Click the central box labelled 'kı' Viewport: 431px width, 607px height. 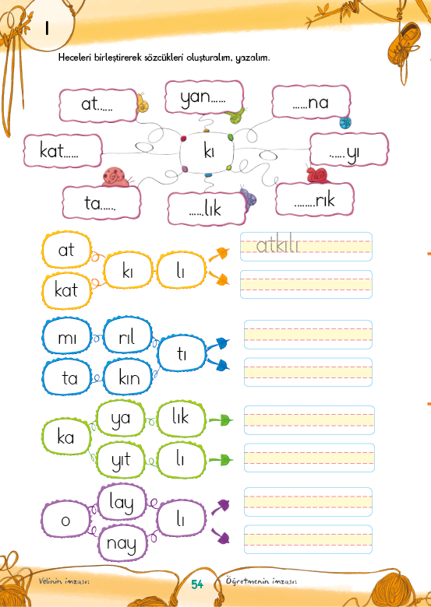tap(207, 152)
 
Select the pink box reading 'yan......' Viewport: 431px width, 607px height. tap(204, 96)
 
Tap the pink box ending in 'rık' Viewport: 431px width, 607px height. tap(315, 199)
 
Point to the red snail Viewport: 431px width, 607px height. tap(317, 175)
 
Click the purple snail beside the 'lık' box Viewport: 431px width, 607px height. tap(248, 198)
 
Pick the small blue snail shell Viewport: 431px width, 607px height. tap(345, 123)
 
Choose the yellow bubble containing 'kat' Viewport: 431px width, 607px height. tap(66, 290)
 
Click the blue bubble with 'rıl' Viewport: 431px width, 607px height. tap(127, 335)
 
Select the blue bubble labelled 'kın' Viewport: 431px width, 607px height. tap(129, 377)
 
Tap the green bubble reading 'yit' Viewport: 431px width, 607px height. tap(121, 459)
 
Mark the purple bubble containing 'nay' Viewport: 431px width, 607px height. tap(122, 542)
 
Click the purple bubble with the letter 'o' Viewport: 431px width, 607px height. tap(66, 519)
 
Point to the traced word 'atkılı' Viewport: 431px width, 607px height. tap(277, 245)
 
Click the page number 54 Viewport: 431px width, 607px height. tap(197, 584)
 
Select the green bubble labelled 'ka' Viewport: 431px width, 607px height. tap(66, 437)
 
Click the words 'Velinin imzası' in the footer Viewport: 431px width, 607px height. tap(64, 581)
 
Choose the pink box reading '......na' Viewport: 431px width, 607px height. tap(311, 102)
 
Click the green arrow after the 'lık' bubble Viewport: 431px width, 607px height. tap(221, 420)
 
